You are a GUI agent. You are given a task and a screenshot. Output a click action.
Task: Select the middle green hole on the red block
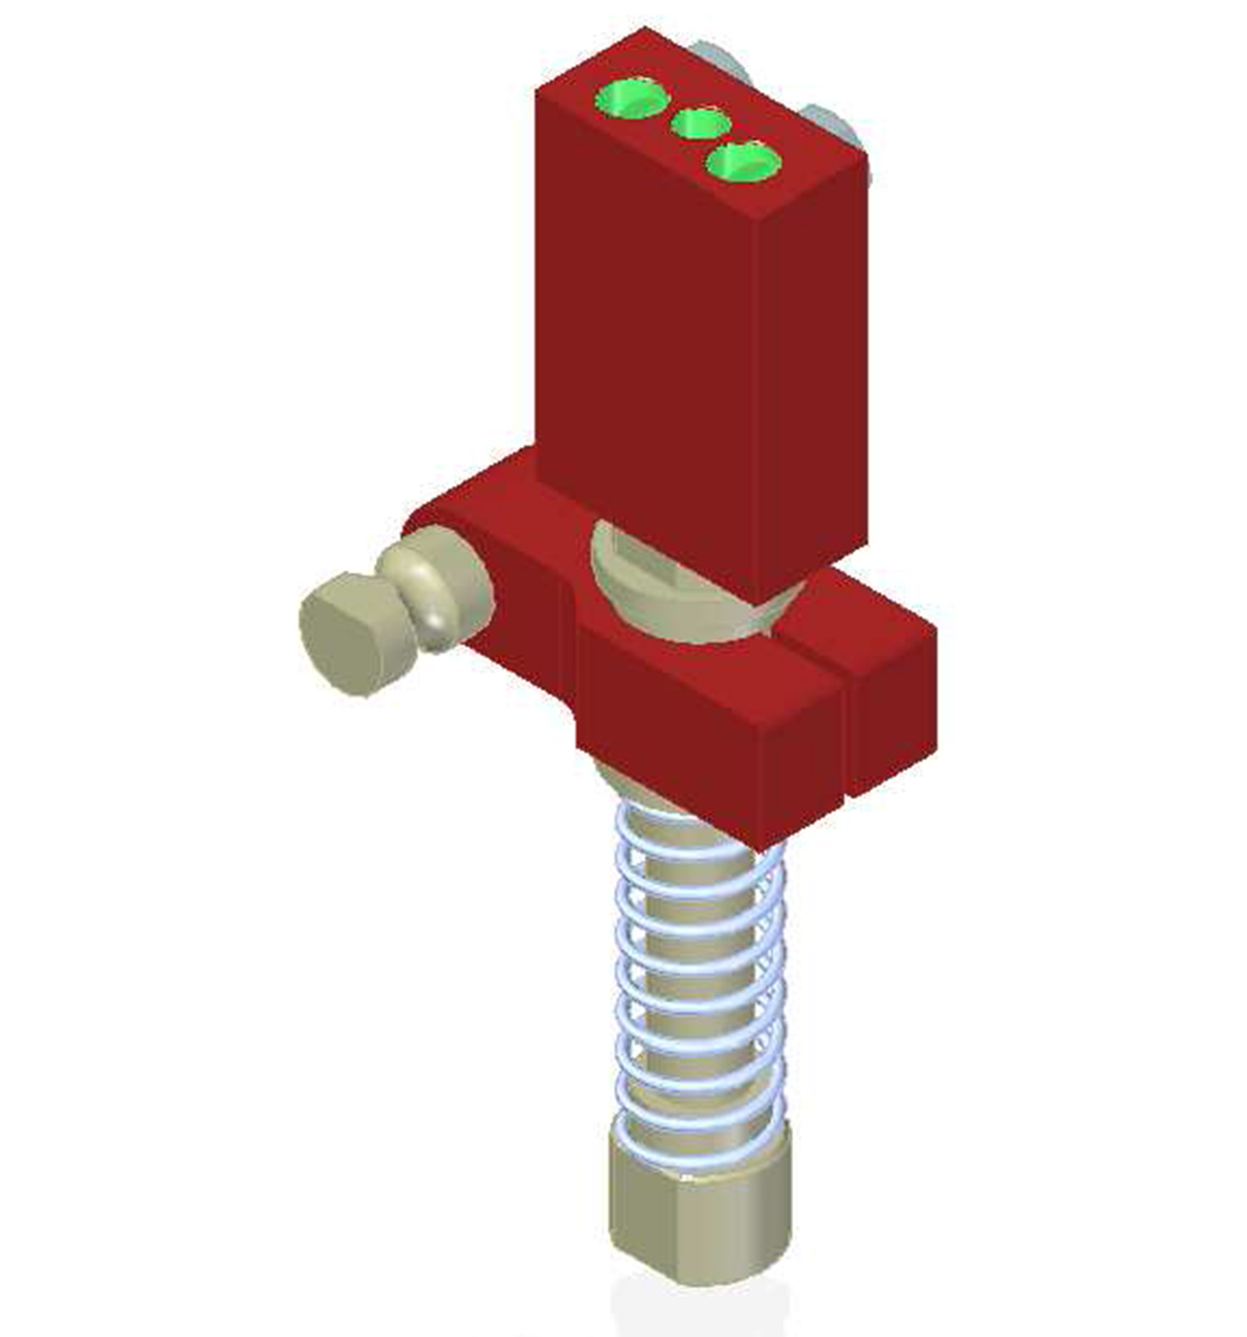coord(700,125)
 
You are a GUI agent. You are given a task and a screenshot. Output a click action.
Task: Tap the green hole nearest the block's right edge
coord(743,162)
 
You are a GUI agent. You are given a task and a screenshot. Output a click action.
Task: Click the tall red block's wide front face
coord(648,332)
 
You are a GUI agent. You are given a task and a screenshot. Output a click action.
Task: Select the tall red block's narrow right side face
coord(815,374)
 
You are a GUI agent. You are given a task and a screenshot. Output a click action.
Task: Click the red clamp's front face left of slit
coord(707,731)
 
